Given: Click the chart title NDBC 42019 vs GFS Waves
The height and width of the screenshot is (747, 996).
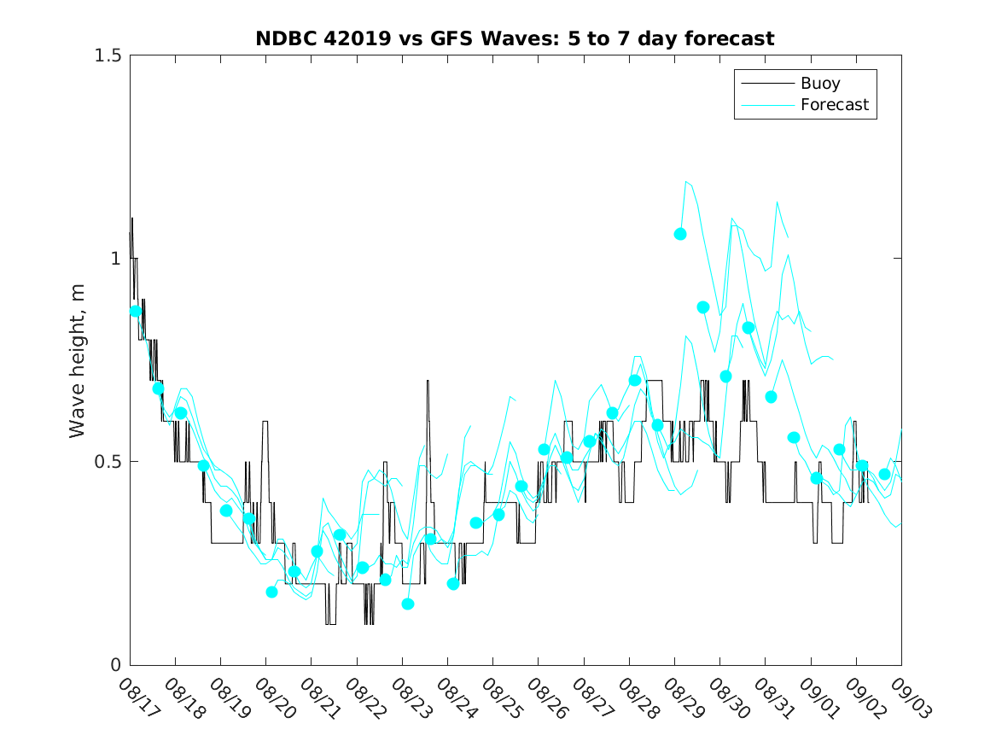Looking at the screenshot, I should (515, 39).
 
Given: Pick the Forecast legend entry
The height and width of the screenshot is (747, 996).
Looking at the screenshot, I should (834, 105).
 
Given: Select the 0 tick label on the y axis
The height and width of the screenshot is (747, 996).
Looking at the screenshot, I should (114, 665).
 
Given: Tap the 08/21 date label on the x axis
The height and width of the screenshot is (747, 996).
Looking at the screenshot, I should (320, 699).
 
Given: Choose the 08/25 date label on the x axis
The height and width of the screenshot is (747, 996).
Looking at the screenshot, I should (502, 699).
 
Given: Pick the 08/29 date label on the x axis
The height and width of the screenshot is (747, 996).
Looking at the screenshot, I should (683, 699).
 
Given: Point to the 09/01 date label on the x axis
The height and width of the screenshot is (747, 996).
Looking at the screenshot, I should (819, 699).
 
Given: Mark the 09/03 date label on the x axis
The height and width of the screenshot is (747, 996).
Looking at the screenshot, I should (910, 699).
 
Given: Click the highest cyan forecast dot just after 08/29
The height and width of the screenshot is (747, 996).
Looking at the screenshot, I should (680, 234).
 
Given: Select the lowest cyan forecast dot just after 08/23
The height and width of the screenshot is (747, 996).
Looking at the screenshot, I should (408, 604).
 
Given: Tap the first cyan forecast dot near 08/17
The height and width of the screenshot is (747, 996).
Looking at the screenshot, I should (136, 311).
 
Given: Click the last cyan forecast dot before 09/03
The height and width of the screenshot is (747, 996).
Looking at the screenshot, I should (884, 475).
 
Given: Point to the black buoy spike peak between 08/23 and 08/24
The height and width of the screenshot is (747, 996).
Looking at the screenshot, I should (428, 381).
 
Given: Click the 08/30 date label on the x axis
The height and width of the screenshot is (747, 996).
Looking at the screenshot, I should (728, 699).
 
